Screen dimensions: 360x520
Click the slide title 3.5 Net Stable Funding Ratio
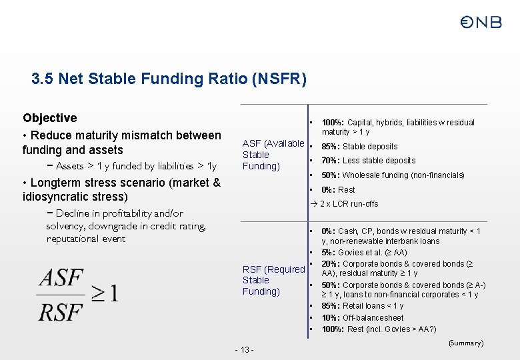click(x=169, y=79)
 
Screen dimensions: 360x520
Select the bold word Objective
click(x=50, y=118)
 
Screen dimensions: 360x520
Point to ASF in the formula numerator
click(x=61, y=278)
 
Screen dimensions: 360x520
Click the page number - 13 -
click(x=245, y=350)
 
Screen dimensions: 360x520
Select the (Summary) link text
click(x=465, y=343)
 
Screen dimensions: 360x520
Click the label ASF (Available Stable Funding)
click(x=273, y=155)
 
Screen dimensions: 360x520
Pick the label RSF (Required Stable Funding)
click(x=273, y=280)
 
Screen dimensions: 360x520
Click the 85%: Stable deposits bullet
click(x=359, y=147)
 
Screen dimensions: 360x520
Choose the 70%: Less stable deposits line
click(x=368, y=161)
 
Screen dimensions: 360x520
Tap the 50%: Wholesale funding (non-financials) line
click(x=393, y=175)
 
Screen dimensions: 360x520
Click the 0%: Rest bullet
click(x=338, y=190)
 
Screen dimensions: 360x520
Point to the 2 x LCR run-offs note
click(x=349, y=204)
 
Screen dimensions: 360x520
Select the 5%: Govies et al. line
click(x=364, y=253)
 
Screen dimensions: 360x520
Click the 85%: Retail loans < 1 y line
click(x=363, y=307)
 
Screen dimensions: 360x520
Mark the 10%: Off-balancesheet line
click(x=363, y=318)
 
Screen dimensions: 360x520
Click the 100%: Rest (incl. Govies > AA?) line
click(x=379, y=329)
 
